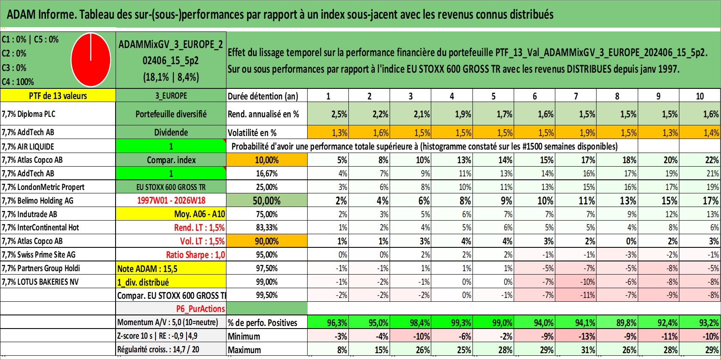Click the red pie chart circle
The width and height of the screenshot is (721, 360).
(x=91, y=60)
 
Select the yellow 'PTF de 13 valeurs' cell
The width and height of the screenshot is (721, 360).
(x=58, y=96)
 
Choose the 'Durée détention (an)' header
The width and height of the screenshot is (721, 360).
(x=263, y=96)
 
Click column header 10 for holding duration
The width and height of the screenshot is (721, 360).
(x=700, y=96)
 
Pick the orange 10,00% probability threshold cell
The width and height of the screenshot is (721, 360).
(x=267, y=160)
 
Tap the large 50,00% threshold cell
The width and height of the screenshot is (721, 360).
(x=267, y=201)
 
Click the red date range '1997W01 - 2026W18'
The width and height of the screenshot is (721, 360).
(x=171, y=201)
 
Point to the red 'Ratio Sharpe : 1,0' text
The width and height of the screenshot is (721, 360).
(x=195, y=255)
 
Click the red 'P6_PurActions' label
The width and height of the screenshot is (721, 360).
(x=201, y=309)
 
